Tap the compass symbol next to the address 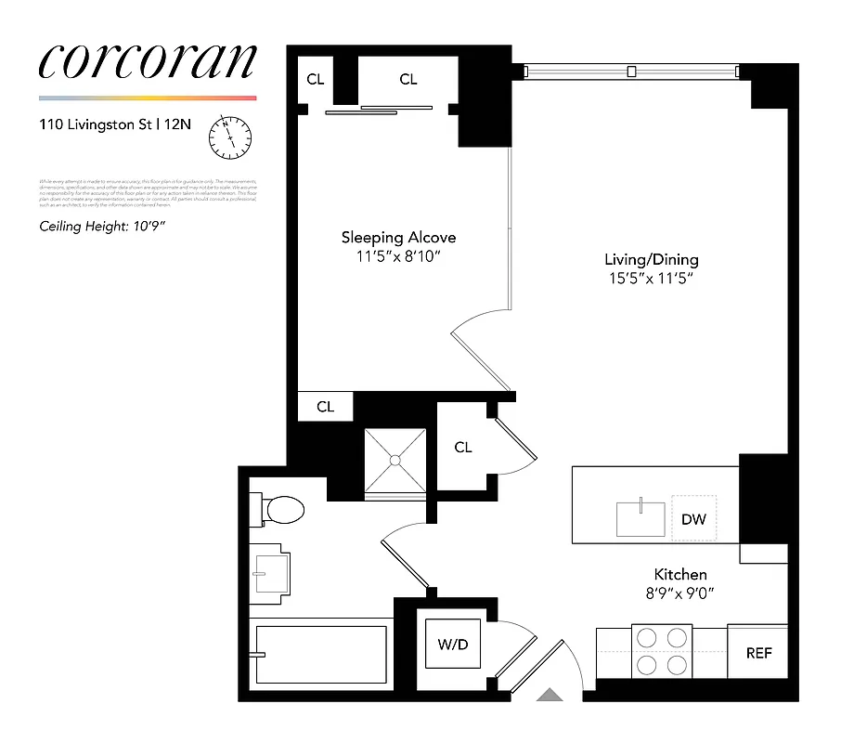[230, 137]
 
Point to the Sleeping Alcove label [398, 238]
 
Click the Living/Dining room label [651, 259]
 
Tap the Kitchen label [680, 575]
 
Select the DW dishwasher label [693, 519]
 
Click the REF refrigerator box [758, 653]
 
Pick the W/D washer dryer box [453, 643]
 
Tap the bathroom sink [271, 571]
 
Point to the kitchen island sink [641, 518]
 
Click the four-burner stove [659, 651]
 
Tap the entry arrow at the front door [551, 694]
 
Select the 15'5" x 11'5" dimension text [651, 278]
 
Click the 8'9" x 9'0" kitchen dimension [680, 593]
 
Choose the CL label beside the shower [463, 448]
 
